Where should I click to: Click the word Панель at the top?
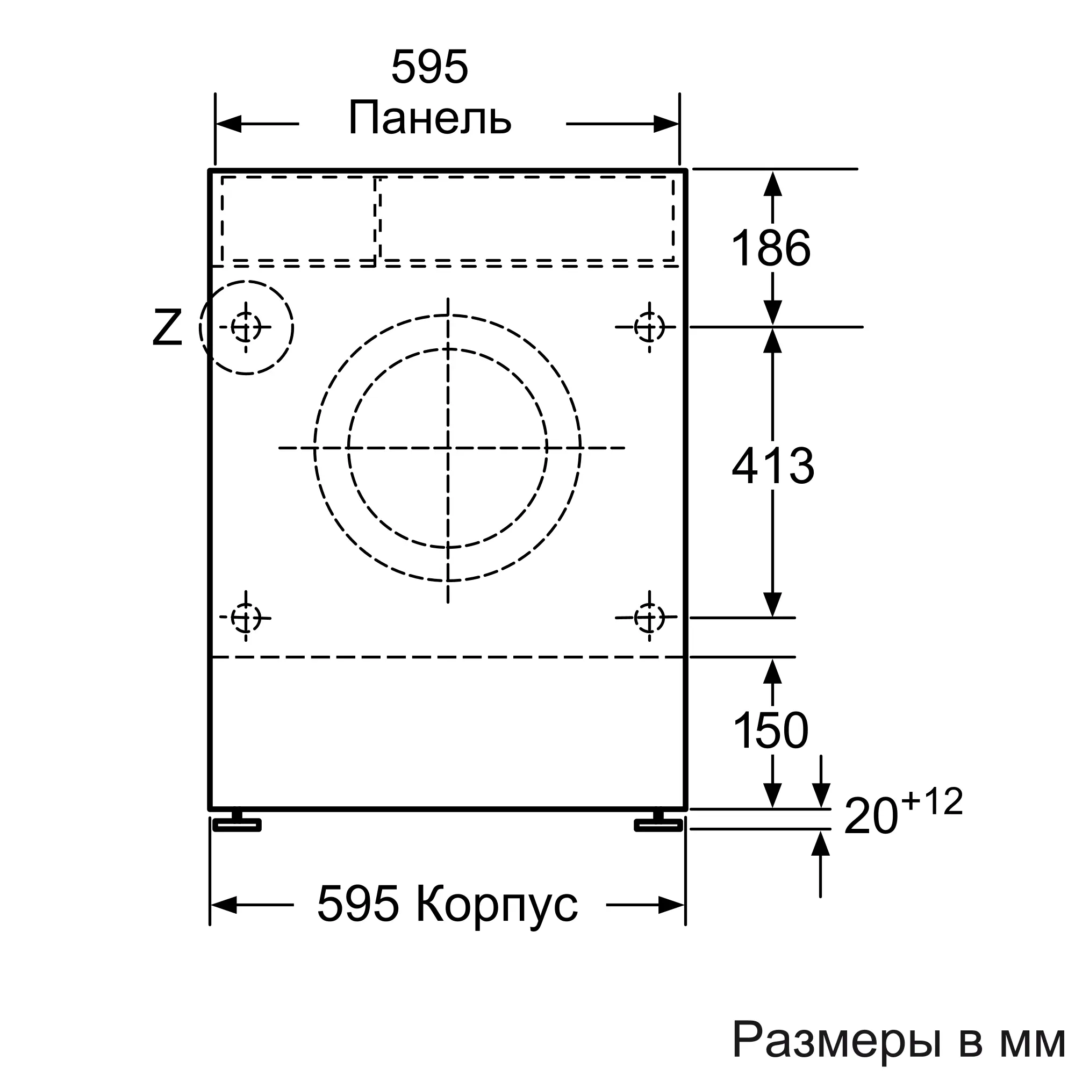(x=429, y=118)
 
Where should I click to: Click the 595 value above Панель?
(x=429, y=67)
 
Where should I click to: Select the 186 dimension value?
(x=771, y=248)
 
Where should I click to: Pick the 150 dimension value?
(x=771, y=730)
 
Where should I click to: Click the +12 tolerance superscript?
(x=933, y=802)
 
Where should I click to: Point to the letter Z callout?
(x=167, y=328)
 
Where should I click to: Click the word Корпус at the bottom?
(x=497, y=905)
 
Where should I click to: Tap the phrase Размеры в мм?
(x=898, y=1038)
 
